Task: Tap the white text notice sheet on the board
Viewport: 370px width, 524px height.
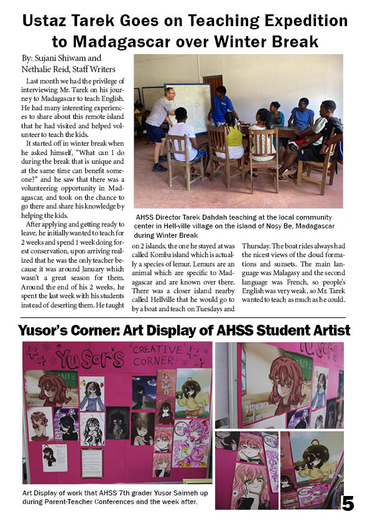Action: point(91,462)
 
